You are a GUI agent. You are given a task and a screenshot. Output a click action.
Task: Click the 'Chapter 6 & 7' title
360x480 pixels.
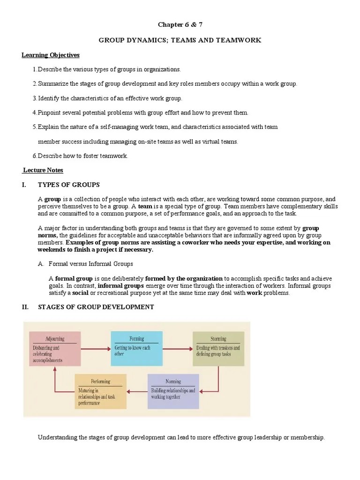[180, 24]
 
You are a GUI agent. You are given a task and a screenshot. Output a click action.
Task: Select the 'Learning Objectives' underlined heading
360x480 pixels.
[51, 55]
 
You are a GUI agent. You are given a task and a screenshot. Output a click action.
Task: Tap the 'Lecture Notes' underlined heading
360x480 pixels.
[43, 170]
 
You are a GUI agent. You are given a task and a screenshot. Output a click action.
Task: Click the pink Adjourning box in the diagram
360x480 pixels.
[55, 349]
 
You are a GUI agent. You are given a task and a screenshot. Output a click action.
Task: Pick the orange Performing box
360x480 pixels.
[100, 390]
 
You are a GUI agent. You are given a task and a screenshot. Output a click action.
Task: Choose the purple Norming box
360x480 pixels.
[173, 390]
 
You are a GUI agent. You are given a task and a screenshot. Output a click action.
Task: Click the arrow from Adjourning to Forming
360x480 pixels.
[96, 349]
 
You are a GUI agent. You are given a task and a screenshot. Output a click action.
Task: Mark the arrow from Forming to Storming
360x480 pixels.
[177, 349]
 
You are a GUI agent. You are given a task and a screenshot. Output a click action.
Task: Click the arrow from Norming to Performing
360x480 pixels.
[137, 391]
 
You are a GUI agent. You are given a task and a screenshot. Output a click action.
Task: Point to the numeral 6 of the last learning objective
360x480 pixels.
[35, 156]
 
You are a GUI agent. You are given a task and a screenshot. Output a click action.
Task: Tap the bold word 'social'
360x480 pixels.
[80, 293]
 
